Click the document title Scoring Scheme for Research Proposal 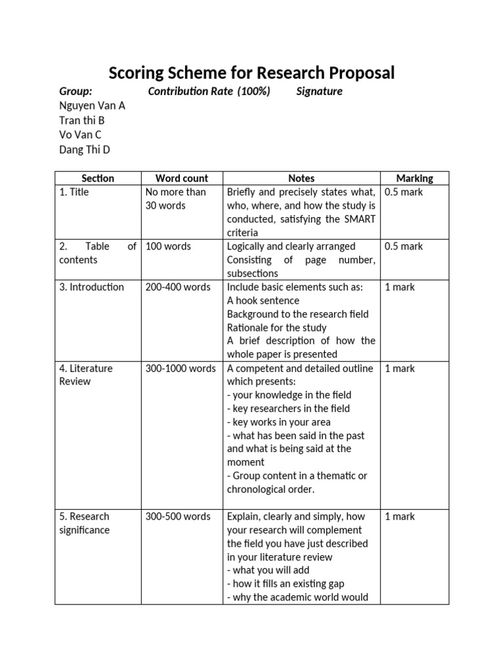click(x=252, y=72)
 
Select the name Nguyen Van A click(x=92, y=106)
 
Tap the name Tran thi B click(x=81, y=120)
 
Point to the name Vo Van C click(x=80, y=135)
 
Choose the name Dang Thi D click(x=85, y=150)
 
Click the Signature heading click(x=319, y=91)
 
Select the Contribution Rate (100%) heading click(x=209, y=91)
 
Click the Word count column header click(x=181, y=178)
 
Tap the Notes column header click(x=301, y=178)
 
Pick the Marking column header click(x=414, y=178)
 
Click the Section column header click(x=97, y=178)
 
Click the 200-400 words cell click(x=178, y=287)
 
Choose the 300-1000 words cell click(x=180, y=368)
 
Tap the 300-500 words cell click(x=178, y=516)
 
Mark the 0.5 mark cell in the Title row click(x=404, y=192)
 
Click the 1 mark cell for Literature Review click(x=400, y=368)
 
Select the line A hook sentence click(x=262, y=301)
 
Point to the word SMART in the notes click(x=360, y=219)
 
